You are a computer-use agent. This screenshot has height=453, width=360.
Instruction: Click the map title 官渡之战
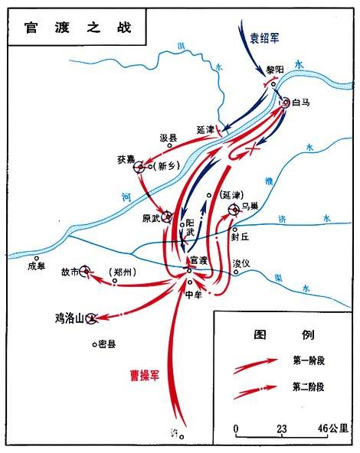(73, 26)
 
